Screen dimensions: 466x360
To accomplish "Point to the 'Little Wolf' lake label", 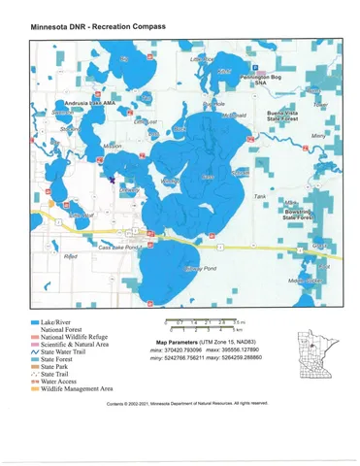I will (x=205, y=59).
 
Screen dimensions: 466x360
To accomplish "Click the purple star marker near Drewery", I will (x=113, y=180).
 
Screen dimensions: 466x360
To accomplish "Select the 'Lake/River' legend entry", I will (x=62, y=318).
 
